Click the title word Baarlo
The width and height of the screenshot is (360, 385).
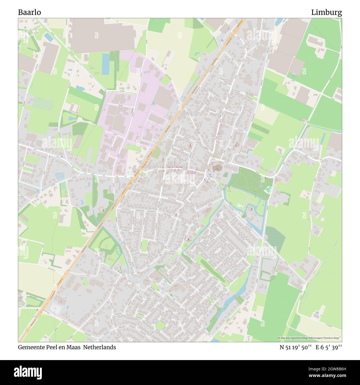pyautogui.click(x=30, y=12)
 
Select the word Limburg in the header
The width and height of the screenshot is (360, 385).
pyautogui.click(x=326, y=12)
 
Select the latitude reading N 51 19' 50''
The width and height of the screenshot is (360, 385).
pyautogui.click(x=296, y=347)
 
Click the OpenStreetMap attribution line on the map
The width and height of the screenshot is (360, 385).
pyautogui.click(x=310, y=338)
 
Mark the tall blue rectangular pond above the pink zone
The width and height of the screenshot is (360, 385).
pyautogui.click(x=106, y=64)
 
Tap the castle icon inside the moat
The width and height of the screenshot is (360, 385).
pyautogui.click(x=251, y=209)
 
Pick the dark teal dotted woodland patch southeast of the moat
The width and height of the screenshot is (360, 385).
pyautogui.click(x=275, y=236)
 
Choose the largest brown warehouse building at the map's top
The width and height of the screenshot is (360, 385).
pyautogui.click(x=101, y=35)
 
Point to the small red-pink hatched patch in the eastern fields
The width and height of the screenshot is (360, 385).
pyautogui.click(x=304, y=121)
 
